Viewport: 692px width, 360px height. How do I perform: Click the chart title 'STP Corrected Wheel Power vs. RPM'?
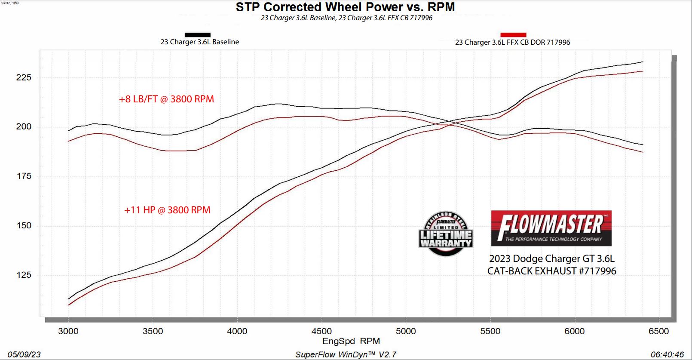point(345,7)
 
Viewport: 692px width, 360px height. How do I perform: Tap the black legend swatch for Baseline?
point(197,35)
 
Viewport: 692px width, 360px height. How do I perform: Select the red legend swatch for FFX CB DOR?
point(513,35)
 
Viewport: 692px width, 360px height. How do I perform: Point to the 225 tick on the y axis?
point(24,77)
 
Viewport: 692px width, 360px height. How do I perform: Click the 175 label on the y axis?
point(24,176)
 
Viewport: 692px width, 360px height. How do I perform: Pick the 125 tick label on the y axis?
point(24,275)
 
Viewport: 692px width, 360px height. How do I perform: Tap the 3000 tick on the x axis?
point(68,331)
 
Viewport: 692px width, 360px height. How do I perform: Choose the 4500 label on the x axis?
point(322,331)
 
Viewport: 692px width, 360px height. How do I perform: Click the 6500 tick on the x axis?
point(658,331)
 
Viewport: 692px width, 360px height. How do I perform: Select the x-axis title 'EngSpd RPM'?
point(351,342)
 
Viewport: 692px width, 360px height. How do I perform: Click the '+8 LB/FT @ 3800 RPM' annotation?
point(166,99)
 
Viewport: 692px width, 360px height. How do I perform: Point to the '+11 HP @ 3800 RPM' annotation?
point(167,210)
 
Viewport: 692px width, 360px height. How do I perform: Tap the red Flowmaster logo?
point(551,228)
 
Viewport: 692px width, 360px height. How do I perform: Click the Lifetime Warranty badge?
point(446,234)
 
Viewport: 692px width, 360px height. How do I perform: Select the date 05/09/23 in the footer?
point(24,354)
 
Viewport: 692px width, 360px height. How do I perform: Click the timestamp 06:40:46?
point(667,354)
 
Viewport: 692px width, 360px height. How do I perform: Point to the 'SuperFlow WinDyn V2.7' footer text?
point(346,354)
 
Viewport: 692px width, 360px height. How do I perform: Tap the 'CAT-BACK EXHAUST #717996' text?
point(551,271)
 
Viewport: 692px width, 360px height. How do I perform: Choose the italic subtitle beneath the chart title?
point(346,18)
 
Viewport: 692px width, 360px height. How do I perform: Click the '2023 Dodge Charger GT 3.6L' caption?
point(551,258)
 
